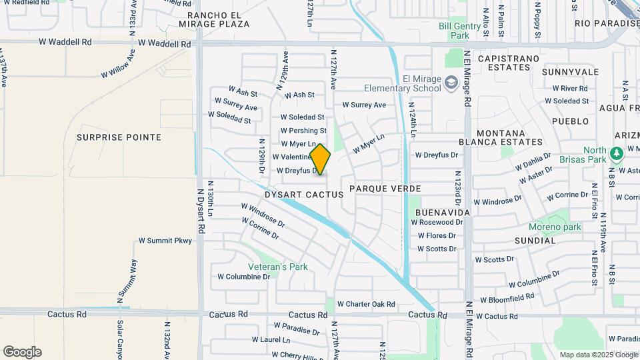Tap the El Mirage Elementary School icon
click(x=451, y=82)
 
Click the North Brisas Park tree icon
click(x=617, y=153)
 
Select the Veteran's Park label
click(x=278, y=267)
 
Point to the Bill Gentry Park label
click(x=459, y=31)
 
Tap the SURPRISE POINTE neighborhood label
click(x=119, y=137)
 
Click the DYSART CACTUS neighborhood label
click(x=304, y=195)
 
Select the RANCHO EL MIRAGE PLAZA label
click(x=219, y=19)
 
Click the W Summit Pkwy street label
click(x=165, y=241)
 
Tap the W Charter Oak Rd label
click(x=366, y=304)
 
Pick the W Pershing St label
click(x=303, y=131)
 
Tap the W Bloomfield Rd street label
click(x=507, y=298)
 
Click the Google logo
click(x=22, y=352)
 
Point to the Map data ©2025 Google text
click(x=598, y=355)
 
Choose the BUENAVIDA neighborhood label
click(x=443, y=212)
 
